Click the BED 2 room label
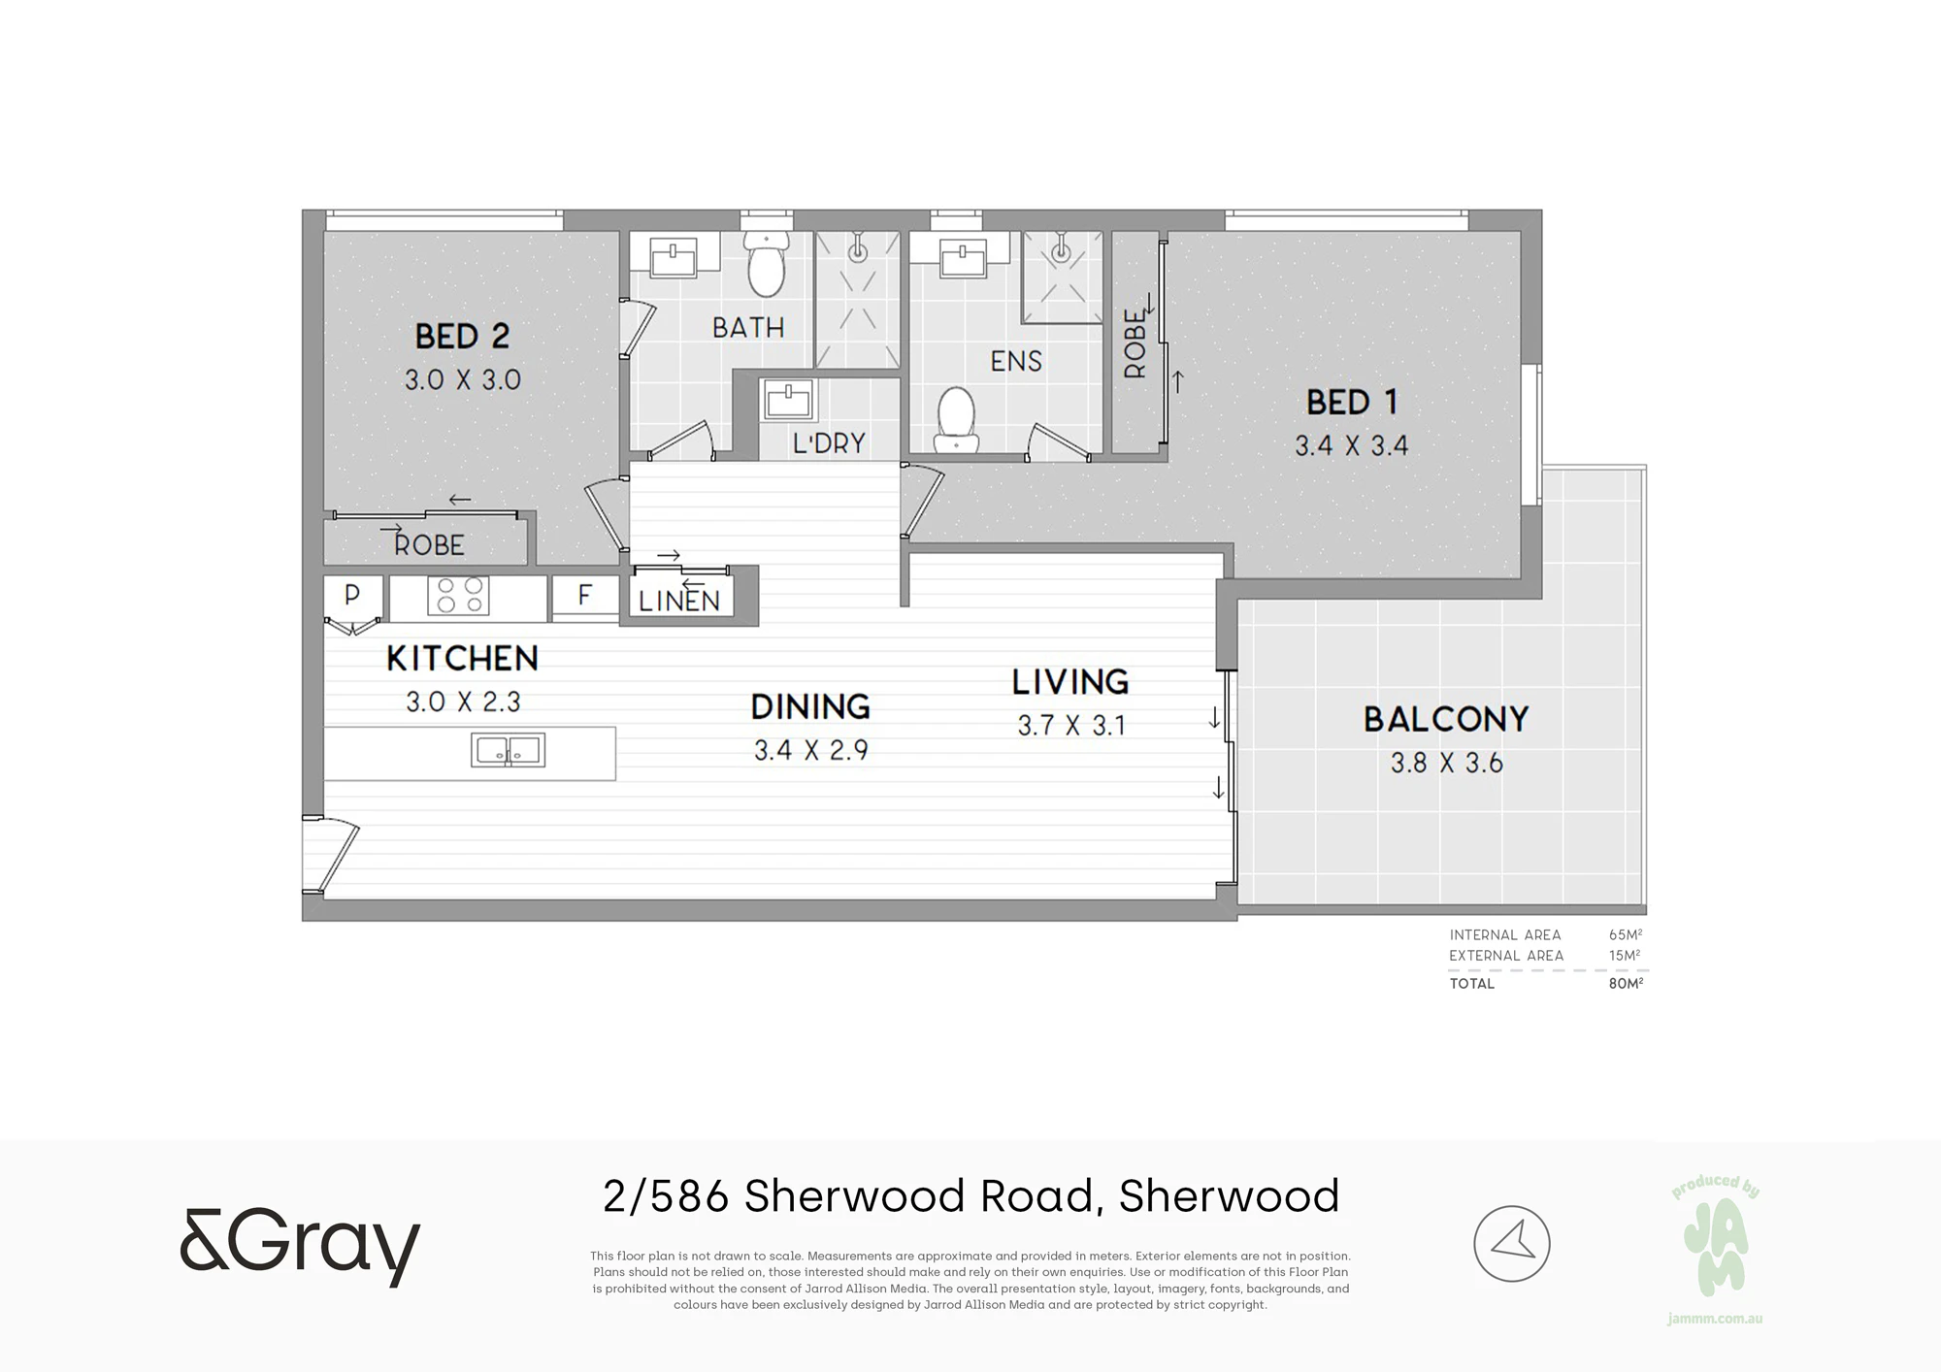point(462,337)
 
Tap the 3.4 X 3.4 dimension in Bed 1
point(1351,445)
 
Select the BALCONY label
point(1446,719)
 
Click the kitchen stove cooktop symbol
point(458,595)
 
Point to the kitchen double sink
point(508,750)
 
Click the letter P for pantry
point(352,593)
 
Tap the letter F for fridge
point(584,594)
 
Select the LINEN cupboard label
point(679,602)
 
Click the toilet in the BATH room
point(766,265)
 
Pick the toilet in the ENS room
point(956,420)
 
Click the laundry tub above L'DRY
point(788,400)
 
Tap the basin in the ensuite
point(963,258)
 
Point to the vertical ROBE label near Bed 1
point(1135,343)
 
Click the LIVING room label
point(1070,682)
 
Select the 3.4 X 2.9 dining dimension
point(810,750)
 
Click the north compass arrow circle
point(1512,1243)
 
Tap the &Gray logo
point(300,1246)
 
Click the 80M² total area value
point(1626,983)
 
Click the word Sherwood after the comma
point(1229,1195)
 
